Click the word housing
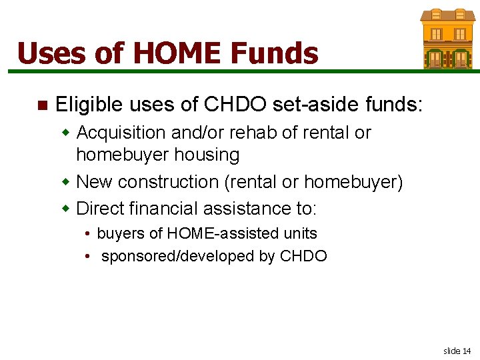pyautogui.click(x=207, y=155)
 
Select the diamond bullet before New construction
pyautogui.click(x=66, y=182)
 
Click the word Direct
pyautogui.click(x=99, y=209)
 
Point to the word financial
pyautogui.click(x=162, y=209)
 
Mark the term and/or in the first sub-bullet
pyautogui.click(x=194, y=133)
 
